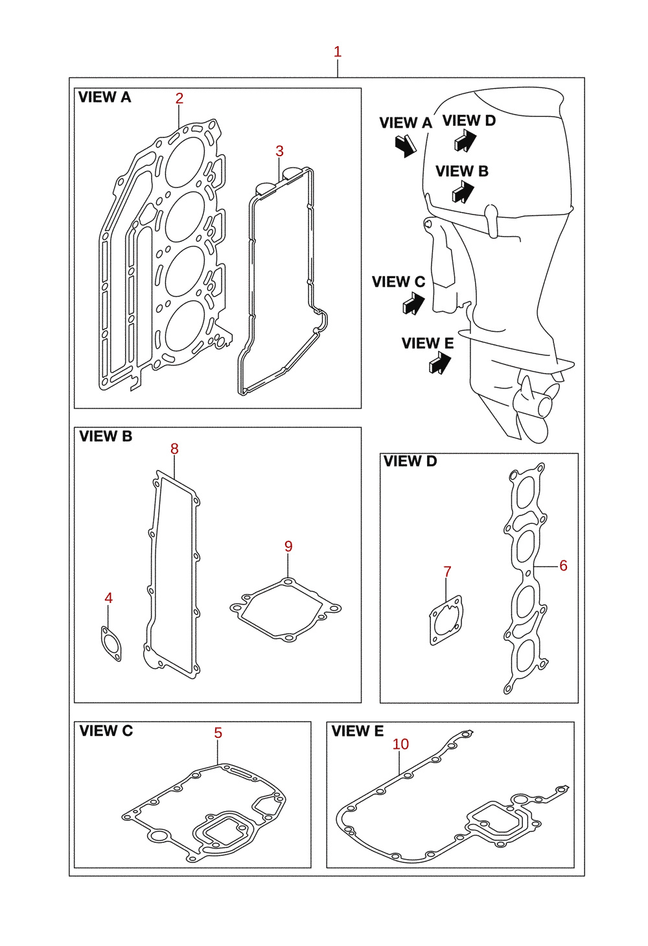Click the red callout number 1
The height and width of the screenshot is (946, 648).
click(338, 52)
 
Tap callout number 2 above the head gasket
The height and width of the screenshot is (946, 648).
click(179, 99)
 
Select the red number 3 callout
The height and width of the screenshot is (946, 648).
click(279, 151)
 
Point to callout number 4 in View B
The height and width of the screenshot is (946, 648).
click(108, 598)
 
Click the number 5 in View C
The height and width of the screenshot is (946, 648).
click(218, 733)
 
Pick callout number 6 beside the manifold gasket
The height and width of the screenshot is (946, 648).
click(563, 565)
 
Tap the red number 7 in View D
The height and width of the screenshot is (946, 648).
click(448, 572)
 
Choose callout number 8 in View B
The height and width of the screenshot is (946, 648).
click(174, 449)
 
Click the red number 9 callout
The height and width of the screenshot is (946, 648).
click(288, 547)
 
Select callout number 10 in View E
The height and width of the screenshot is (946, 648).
click(400, 744)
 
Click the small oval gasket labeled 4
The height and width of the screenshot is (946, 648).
click(111, 643)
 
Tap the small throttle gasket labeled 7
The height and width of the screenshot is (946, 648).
click(446, 621)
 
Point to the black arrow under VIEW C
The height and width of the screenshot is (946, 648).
click(413, 303)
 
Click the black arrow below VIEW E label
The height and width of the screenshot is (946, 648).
click(440, 363)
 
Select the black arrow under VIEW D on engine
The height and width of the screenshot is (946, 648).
click(465, 140)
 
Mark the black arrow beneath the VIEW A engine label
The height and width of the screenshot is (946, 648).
click(406, 146)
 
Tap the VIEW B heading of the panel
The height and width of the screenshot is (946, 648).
click(106, 436)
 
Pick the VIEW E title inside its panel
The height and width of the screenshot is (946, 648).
click(358, 731)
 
